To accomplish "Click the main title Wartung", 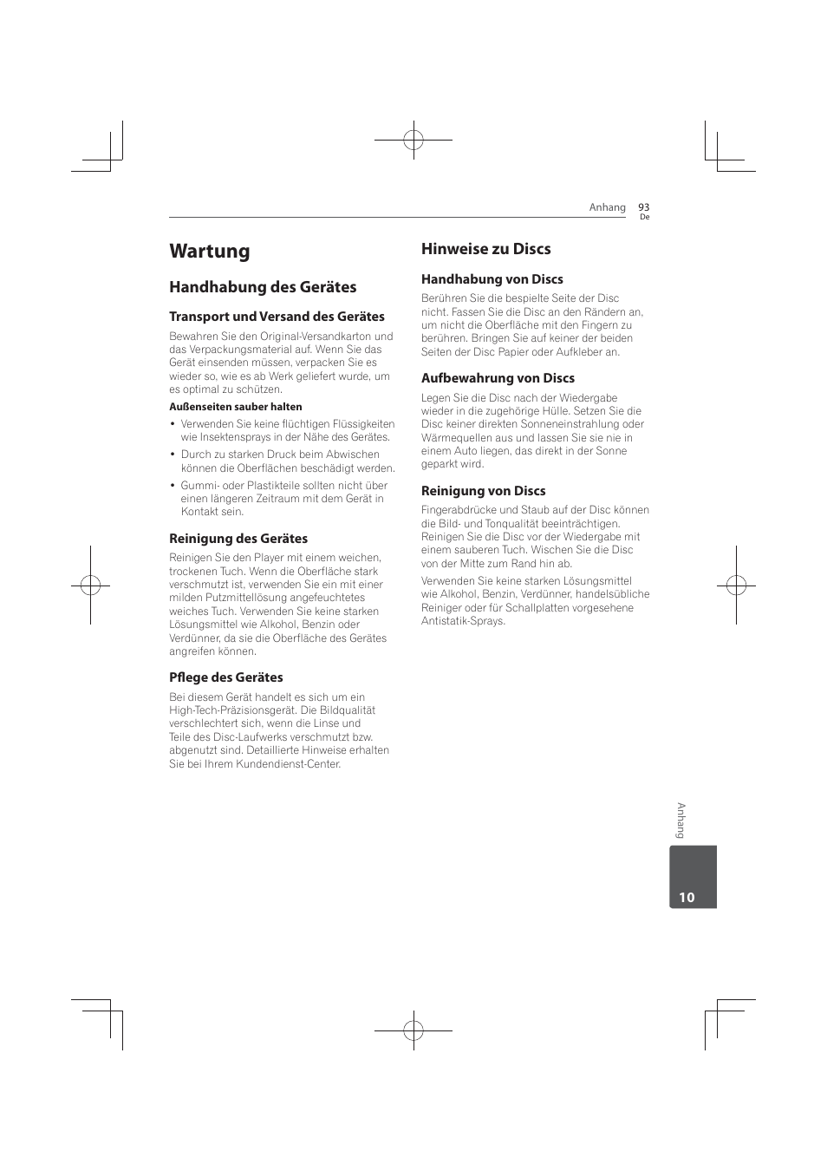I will tap(210, 252).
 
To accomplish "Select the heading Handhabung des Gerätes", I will tap(263, 287).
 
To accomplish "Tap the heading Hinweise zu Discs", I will tap(485, 249).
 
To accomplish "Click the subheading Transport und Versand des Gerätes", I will tap(277, 317).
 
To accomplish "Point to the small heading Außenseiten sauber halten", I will tap(236, 407).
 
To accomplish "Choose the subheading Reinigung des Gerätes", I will tap(238, 539).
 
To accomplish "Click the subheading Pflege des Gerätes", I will tap(226, 677).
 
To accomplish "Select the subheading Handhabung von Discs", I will tap(492, 279).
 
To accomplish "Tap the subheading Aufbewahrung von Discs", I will tap(498, 378).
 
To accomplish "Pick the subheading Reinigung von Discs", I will tap(484, 491).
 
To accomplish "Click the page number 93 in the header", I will tap(643, 207).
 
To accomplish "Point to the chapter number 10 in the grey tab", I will tap(687, 898).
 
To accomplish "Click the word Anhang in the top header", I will tap(607, 207).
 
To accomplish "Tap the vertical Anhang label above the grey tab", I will tap(681, 821).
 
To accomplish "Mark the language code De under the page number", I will tap(644, 218).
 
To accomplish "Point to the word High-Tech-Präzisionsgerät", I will tap(231, 710).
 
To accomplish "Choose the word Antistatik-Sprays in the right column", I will tap(463, 621).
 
